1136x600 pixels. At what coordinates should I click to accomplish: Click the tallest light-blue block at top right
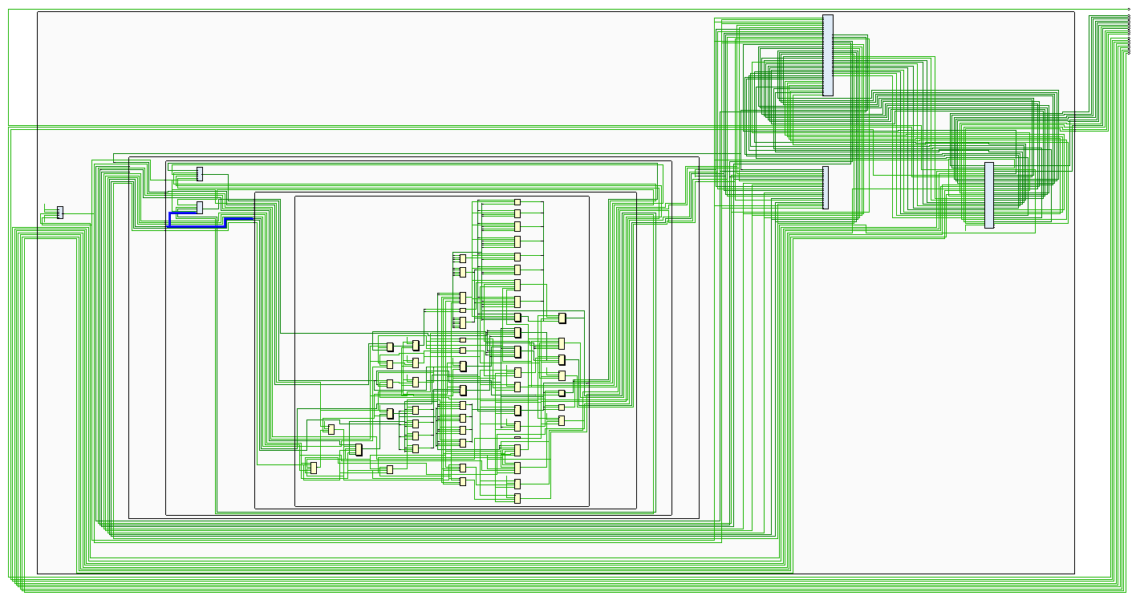[x=827, y=55]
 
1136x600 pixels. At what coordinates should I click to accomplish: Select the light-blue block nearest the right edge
[x=988, y=195]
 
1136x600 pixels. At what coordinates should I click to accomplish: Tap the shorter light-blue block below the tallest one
[x=825, y=188]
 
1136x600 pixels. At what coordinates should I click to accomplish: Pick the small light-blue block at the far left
[x=59, y=213]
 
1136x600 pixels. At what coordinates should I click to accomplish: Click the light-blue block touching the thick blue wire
[x=200, y=207]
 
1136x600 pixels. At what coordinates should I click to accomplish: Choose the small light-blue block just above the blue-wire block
[x=200, y=173]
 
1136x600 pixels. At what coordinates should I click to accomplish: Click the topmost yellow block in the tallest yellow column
[x=517, y=201]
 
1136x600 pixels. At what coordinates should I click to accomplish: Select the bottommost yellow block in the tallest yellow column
[x=517, y=498]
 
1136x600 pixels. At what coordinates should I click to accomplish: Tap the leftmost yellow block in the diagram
[x=314, y=468]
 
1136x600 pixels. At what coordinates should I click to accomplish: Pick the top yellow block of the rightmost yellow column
[x=562, y=318]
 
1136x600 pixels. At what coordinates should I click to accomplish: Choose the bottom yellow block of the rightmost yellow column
[x=561, y=420]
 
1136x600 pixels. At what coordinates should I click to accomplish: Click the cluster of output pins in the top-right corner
[x=1128, y=32]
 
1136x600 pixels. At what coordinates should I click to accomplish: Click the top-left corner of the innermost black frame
[x=295, y=196]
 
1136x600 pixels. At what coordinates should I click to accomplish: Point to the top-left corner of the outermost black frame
[x=38, y=12]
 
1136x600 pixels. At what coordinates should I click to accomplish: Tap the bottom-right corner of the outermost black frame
[x=1074, y=574]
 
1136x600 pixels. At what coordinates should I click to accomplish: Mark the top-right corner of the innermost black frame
[x=589, y=196]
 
